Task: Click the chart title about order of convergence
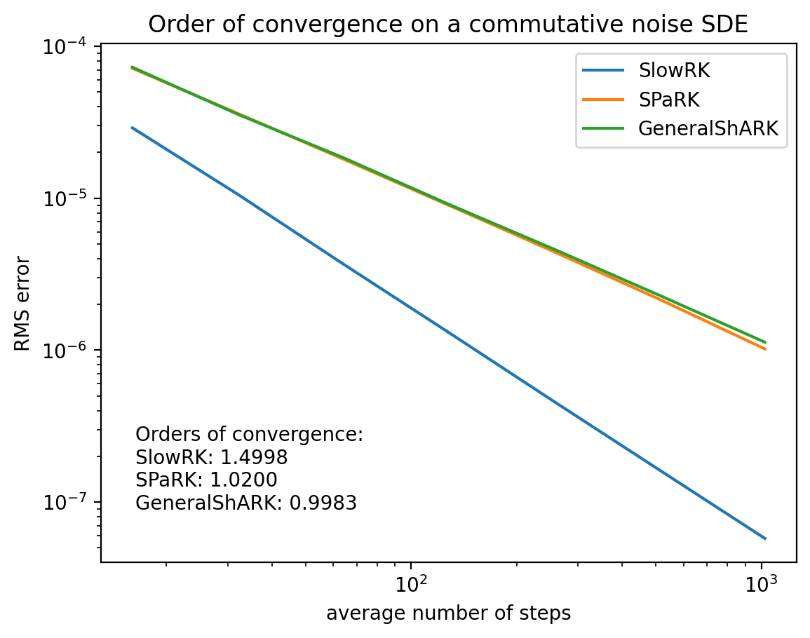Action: [448, 24]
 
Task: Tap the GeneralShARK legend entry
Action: [708, 128]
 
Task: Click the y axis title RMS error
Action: [22, 304]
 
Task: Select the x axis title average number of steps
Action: [448, 613]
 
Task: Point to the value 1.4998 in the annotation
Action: [254, 458]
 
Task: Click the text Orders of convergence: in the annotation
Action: [249, 435]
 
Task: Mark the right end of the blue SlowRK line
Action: [765, 538]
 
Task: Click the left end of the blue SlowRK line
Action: [132, 128]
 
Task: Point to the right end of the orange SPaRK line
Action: [765, 348]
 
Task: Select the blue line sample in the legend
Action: [603, 71]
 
